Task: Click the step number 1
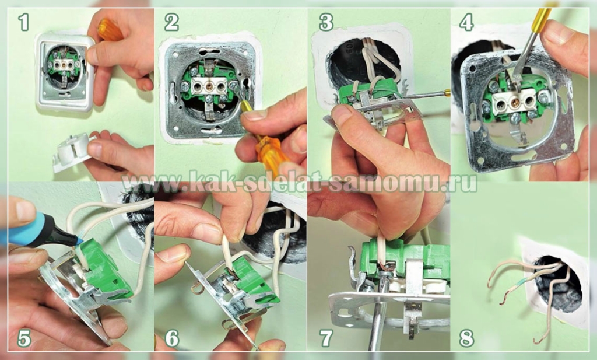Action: [x=23, y=23]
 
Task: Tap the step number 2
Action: [x=172, y=23]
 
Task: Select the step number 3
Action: [x=326, y=23]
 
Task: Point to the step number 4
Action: [x=466, y=23]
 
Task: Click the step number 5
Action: [x=24, y=337]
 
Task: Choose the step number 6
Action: [x=172, y=337]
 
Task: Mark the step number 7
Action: [x=326, y=337]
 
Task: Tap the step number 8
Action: [x=466, y=337]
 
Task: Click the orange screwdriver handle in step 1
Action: [x=110, y=29]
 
